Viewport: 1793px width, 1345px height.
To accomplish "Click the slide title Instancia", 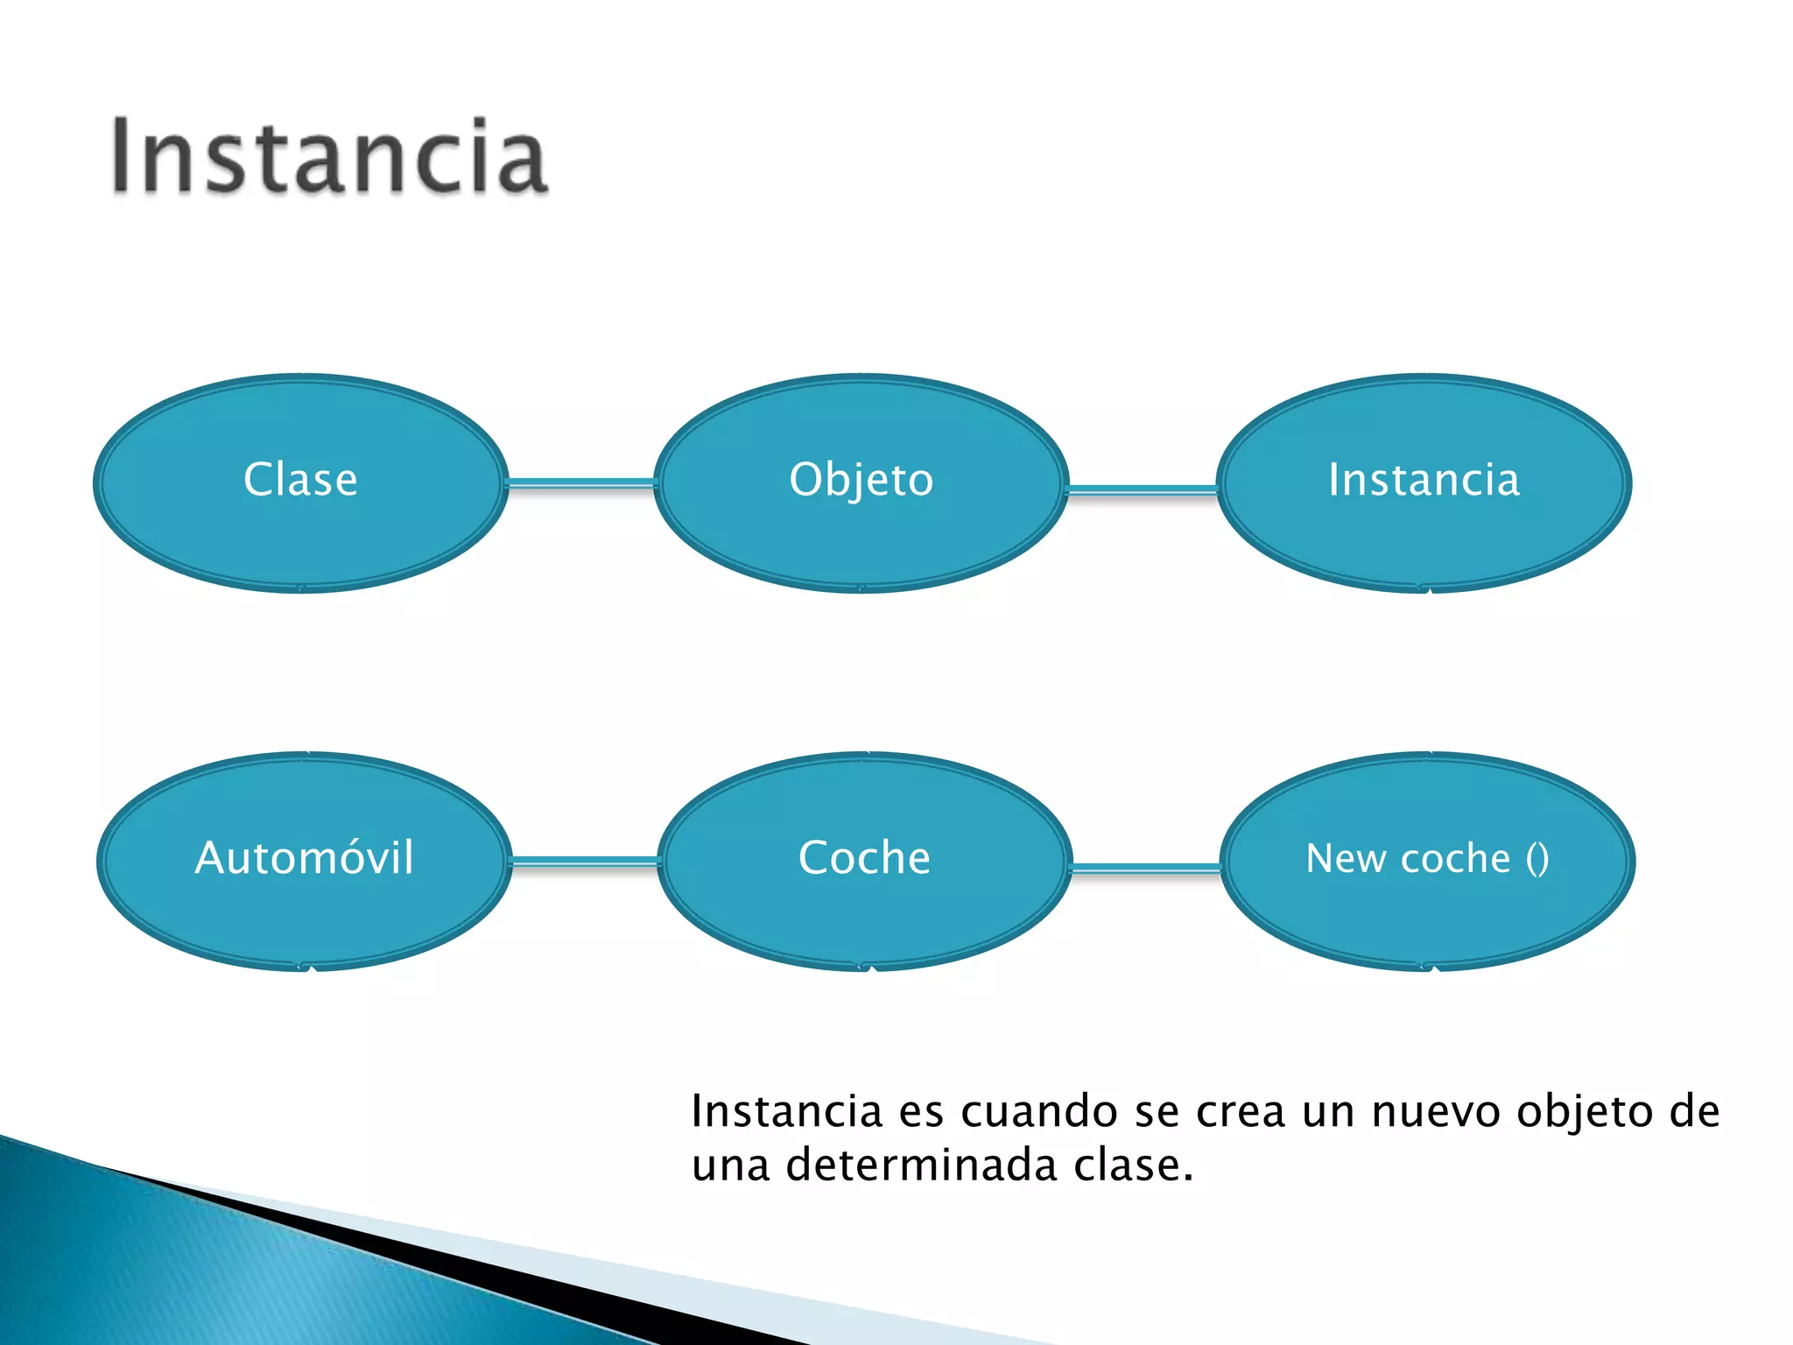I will click(328, 158).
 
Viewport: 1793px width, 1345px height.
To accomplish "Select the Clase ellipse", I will click(300, 482).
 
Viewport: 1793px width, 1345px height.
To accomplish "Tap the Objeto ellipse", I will click(861, 482).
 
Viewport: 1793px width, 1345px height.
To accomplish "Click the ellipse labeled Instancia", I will click(1424, 482).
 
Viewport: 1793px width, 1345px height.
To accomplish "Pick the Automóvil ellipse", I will click(304, 860).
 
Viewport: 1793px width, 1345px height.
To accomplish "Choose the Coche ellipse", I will click(864, 860).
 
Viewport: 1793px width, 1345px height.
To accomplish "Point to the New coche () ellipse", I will click(1427, 860).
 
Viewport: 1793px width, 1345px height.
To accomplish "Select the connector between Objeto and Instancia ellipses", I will click(1143, 490).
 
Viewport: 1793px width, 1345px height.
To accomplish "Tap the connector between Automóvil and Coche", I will click(585, 863).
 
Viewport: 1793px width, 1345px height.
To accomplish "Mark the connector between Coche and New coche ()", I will click(1145, 869).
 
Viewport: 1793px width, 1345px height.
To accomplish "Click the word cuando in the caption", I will click(1038, 1112).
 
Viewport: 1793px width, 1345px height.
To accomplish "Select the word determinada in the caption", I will click(921, 1165).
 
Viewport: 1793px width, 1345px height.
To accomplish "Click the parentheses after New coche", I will click(1537, 859).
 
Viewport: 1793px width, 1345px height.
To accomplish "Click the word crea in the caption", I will click(1241, 1112).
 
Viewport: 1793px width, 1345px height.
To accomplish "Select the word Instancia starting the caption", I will click(787, 1112).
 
